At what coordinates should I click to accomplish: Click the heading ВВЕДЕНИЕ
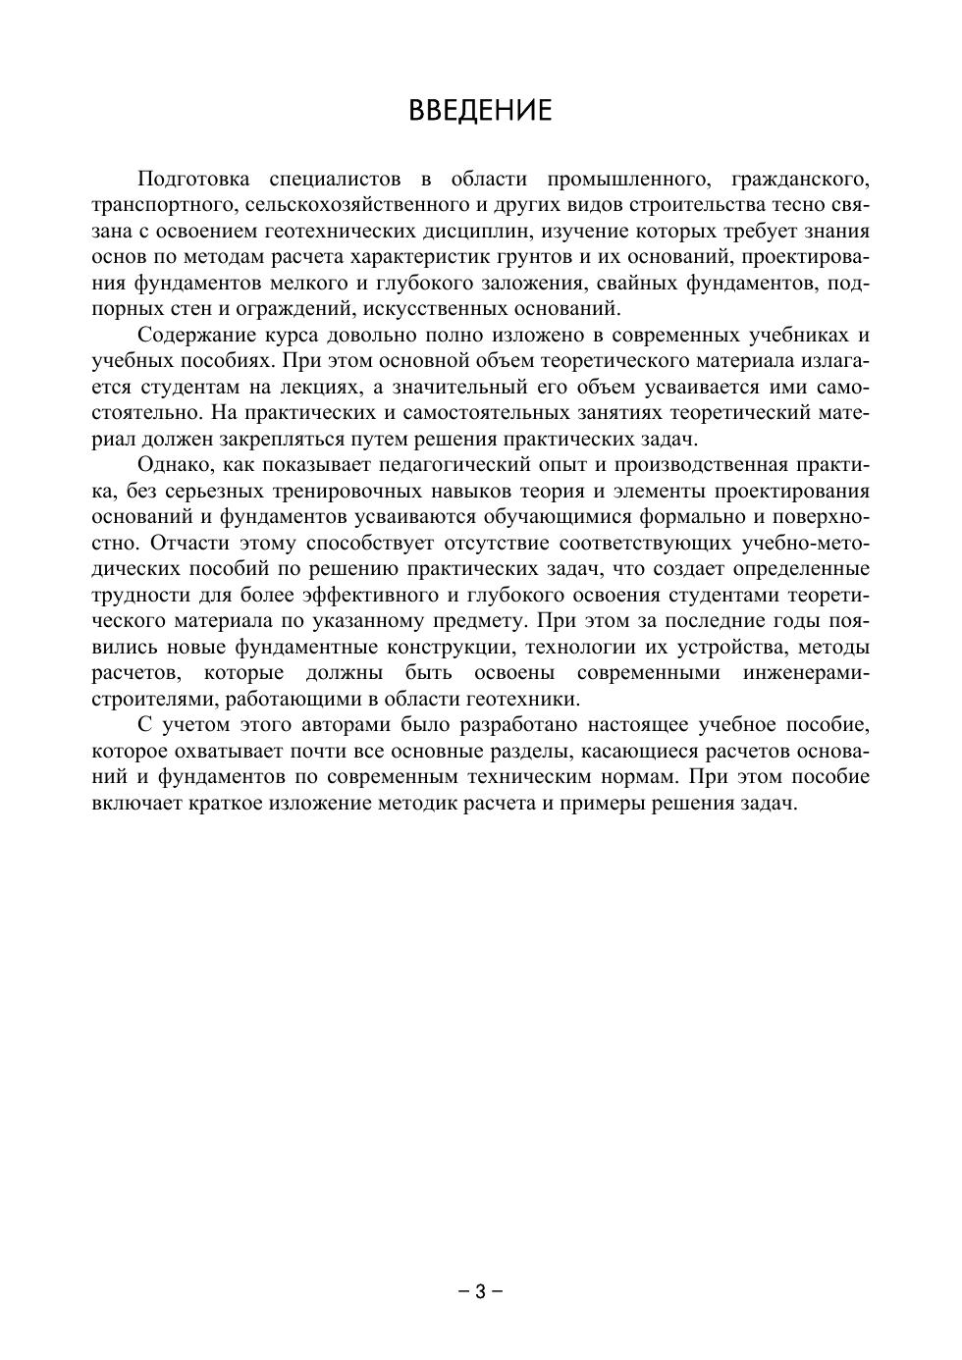480,109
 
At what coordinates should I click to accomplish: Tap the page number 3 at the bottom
480,1291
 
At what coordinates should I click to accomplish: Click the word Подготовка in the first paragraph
194,180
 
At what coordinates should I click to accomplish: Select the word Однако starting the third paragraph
173,465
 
